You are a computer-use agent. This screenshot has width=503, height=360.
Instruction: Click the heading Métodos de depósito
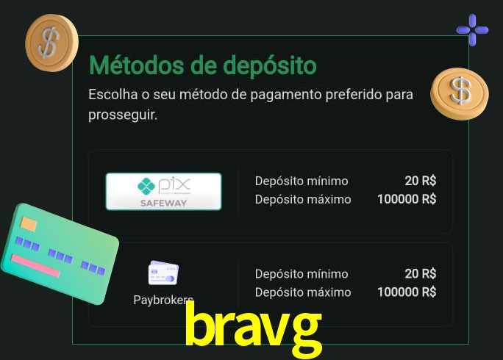202,66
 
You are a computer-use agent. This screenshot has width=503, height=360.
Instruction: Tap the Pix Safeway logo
163,192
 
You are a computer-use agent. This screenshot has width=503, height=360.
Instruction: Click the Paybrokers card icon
163,273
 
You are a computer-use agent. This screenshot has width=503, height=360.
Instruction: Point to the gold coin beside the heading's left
51,43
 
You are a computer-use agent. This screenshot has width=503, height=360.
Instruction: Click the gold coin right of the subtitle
460,93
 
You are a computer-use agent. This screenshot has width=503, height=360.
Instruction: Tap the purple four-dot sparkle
472,30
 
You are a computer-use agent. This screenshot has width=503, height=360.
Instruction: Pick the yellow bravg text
252,327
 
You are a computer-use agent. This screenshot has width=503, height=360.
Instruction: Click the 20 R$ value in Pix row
420,181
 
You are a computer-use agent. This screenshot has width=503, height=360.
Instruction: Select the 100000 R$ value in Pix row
407,199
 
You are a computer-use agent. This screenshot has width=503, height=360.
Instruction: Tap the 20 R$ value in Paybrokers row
420,274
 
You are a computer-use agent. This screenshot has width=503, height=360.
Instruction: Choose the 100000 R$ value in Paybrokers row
407,292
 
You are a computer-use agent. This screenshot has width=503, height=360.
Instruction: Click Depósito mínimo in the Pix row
302,181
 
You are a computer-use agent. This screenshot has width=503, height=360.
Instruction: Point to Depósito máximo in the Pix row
303,199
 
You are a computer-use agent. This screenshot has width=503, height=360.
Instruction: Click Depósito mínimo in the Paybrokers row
302,274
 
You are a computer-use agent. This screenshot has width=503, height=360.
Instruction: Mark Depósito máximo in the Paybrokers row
303,292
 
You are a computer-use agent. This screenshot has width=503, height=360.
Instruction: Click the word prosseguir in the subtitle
122,115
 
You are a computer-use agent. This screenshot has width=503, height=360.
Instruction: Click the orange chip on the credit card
29,223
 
